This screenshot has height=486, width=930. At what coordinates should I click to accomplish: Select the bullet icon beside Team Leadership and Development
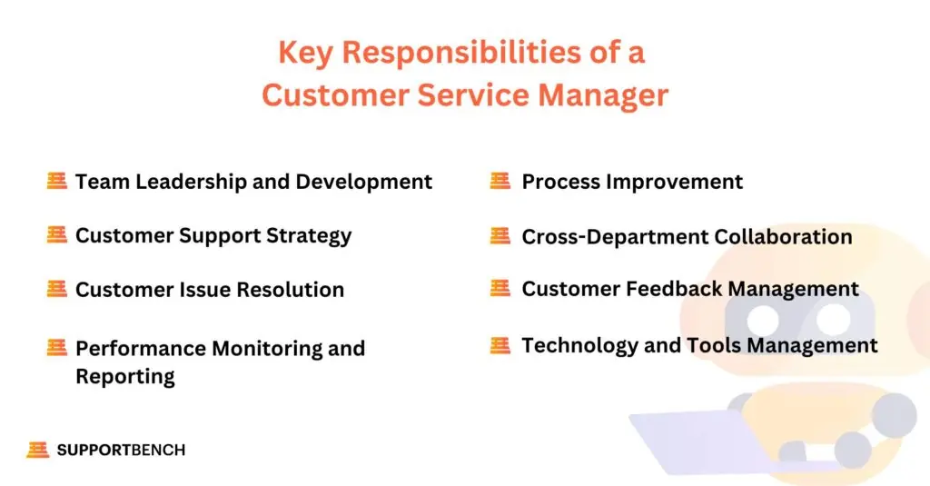point(57,181)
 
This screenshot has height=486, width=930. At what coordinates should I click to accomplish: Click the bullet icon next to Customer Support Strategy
point(57,235)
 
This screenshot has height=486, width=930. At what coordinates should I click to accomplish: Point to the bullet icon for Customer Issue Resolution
point(57,289)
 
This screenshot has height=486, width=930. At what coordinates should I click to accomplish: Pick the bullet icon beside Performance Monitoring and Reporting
point(57,347)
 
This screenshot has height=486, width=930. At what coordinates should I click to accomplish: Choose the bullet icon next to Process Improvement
point(500,181)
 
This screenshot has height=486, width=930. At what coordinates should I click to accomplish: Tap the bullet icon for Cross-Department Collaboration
point(500,236)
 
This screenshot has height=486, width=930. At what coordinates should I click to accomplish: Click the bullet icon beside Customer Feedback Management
point(500,289)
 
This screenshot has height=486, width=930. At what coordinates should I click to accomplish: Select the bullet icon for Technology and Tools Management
point(500,345)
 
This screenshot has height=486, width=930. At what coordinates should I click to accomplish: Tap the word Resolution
point(290,290)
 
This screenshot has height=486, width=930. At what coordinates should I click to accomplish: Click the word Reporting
point(125,376)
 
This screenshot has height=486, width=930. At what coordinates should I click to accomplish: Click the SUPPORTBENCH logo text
point(121,450)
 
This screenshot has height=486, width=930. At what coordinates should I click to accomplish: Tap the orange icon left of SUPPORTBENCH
point(37,450)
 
